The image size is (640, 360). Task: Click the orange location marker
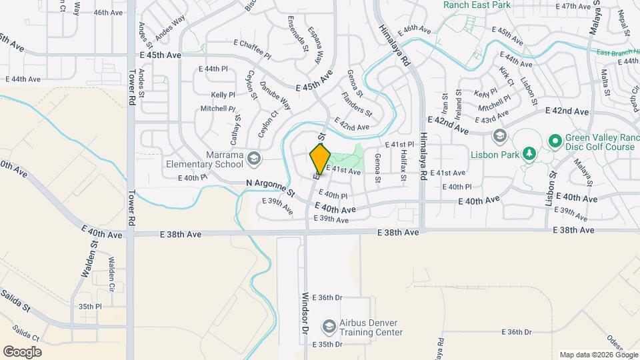click(320, 159)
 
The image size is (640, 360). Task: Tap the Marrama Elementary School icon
click(253, 158)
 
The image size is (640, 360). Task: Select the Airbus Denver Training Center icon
click(328, 327)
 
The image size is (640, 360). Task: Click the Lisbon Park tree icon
click(529, 154)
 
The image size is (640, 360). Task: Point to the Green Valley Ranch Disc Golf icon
click(555, 141)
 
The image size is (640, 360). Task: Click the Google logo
click(22, 351)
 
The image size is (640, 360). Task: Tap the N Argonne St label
click(270, 187)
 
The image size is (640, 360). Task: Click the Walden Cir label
click(111, 269)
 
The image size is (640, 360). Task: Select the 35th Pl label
click(89, 307)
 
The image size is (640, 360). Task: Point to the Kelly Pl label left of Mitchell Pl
click(223, 95)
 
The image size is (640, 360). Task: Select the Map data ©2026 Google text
click(597, 355)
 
